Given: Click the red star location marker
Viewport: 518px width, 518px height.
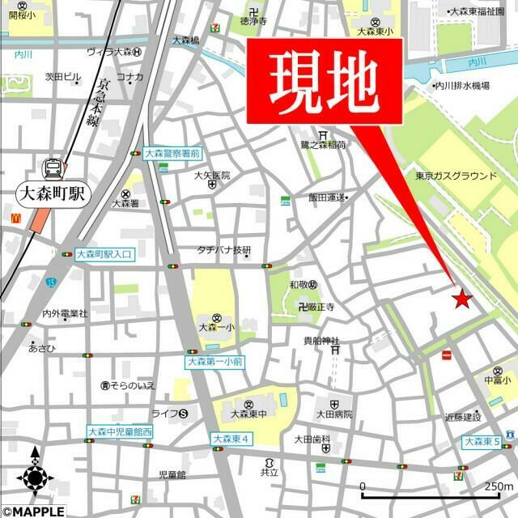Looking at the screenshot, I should (x=462, y=299).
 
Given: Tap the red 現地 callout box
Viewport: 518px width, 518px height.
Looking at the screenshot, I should (x=324, y=80).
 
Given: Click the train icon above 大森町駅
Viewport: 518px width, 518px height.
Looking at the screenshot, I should (x=53, y=168).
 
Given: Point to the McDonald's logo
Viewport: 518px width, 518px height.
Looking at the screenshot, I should (x=15, y=217).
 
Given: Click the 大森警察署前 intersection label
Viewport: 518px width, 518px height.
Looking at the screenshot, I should (x=172, y=152).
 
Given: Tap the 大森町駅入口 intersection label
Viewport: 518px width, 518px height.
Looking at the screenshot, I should (x=104, y=254).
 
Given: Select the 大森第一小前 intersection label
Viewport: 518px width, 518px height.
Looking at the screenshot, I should (x=214, y=362).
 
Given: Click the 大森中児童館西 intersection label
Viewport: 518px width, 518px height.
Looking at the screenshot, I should (x=120, y=432).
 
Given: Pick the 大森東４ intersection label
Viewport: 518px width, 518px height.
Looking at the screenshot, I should (x=232, y=439).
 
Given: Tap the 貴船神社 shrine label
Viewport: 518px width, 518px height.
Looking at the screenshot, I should (x=321, y=341).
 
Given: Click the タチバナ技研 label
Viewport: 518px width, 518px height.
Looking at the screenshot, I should (x=225, y=251).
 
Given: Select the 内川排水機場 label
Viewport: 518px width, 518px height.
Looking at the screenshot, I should (x=462, y=86).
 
